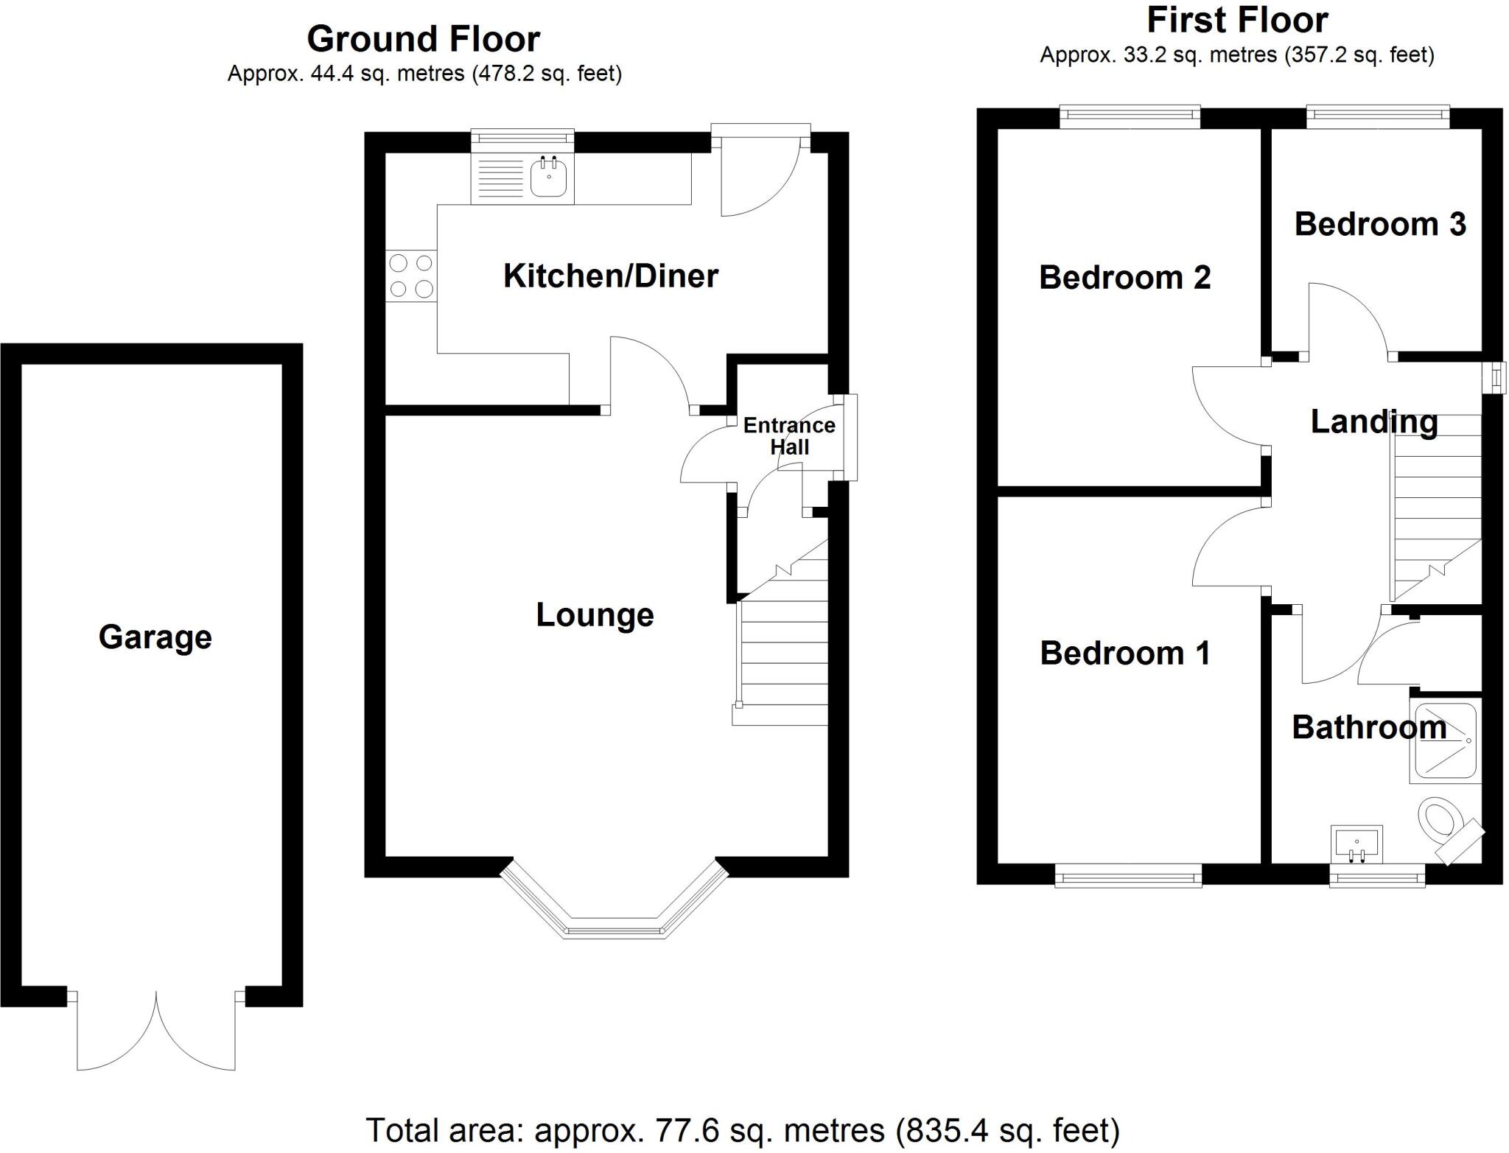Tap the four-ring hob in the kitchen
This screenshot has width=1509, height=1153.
point(411,276)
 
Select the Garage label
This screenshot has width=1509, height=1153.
point(155,637)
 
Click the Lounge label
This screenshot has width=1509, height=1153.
point(595,615)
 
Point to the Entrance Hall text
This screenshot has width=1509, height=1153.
point(788,436)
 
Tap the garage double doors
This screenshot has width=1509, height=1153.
point(156,1031)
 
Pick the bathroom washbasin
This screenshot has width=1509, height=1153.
point(1356,844)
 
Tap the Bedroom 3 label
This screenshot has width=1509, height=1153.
point(1379,225)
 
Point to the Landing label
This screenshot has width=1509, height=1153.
point(1373,422)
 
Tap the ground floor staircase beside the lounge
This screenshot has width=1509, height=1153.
point(783,648)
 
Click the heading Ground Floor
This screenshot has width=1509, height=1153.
point(423,39)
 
